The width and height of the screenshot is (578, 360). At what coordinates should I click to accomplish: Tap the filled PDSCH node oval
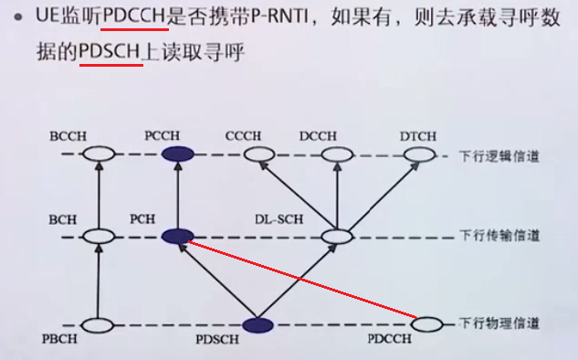pos(257,324)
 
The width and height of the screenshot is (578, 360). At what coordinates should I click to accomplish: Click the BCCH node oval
pos(95,155)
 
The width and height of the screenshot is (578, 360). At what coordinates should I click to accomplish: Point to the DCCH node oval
pos(337,155)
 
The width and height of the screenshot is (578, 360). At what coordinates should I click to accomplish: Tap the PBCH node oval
pos(95,324)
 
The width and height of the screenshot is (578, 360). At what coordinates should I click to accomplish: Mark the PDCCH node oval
pos(427,323)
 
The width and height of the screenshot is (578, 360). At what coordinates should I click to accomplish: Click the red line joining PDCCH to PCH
pos(301,280)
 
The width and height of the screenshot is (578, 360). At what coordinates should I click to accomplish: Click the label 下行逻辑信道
pos(498,156)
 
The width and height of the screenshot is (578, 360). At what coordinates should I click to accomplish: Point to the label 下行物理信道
pos(498,323)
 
